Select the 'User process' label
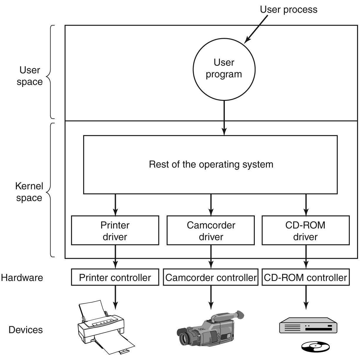(289, 10)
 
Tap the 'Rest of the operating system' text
(211, 164)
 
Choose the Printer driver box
(115, 231)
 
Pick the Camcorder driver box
(211, 231)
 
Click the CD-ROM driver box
(306, 231)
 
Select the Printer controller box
(115, 277)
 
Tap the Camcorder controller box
(211, 277)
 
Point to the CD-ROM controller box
(306, 277)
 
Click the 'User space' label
(29, 76)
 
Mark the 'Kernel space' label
(29, 192)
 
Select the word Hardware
(22, 277)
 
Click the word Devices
(26, 330)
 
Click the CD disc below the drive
(316, 346)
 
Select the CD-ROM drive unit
(308, 326)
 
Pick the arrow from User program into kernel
(224, 118)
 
